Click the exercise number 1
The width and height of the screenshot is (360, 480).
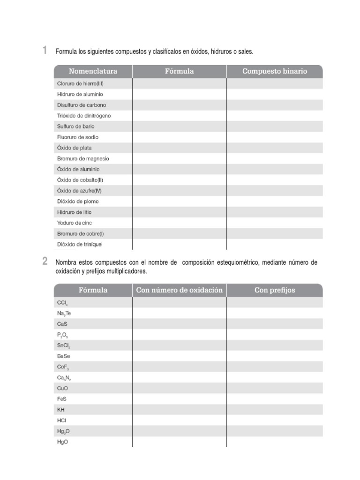[x=45, y=50]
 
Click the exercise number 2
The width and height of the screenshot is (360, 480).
[x=45, y=262]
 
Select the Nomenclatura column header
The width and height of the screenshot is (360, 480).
[x=93, y=71]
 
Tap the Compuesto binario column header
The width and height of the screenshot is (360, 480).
[x=275, y=71]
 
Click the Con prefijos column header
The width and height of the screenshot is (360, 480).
[x=275, y=290]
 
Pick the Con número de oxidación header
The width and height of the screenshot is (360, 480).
[x=180, y=290]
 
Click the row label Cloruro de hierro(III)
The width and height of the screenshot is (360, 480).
[x=80, y=83]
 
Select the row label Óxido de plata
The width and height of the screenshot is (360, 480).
[x=75, y=148]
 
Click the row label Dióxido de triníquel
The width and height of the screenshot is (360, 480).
[x=80, y=244]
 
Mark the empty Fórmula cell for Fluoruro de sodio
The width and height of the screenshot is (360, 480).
[x=180, y=137]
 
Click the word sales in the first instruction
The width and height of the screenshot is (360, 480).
[x=245, y=51]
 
